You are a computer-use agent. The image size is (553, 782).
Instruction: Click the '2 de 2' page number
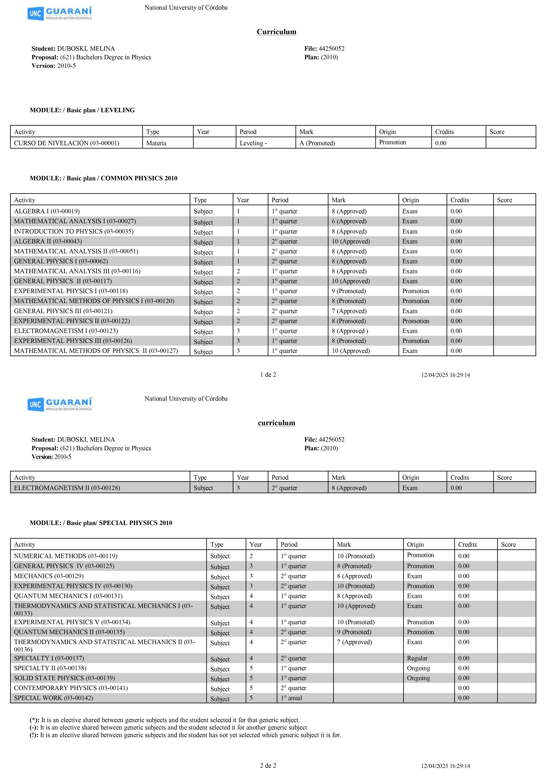(268, 766)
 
